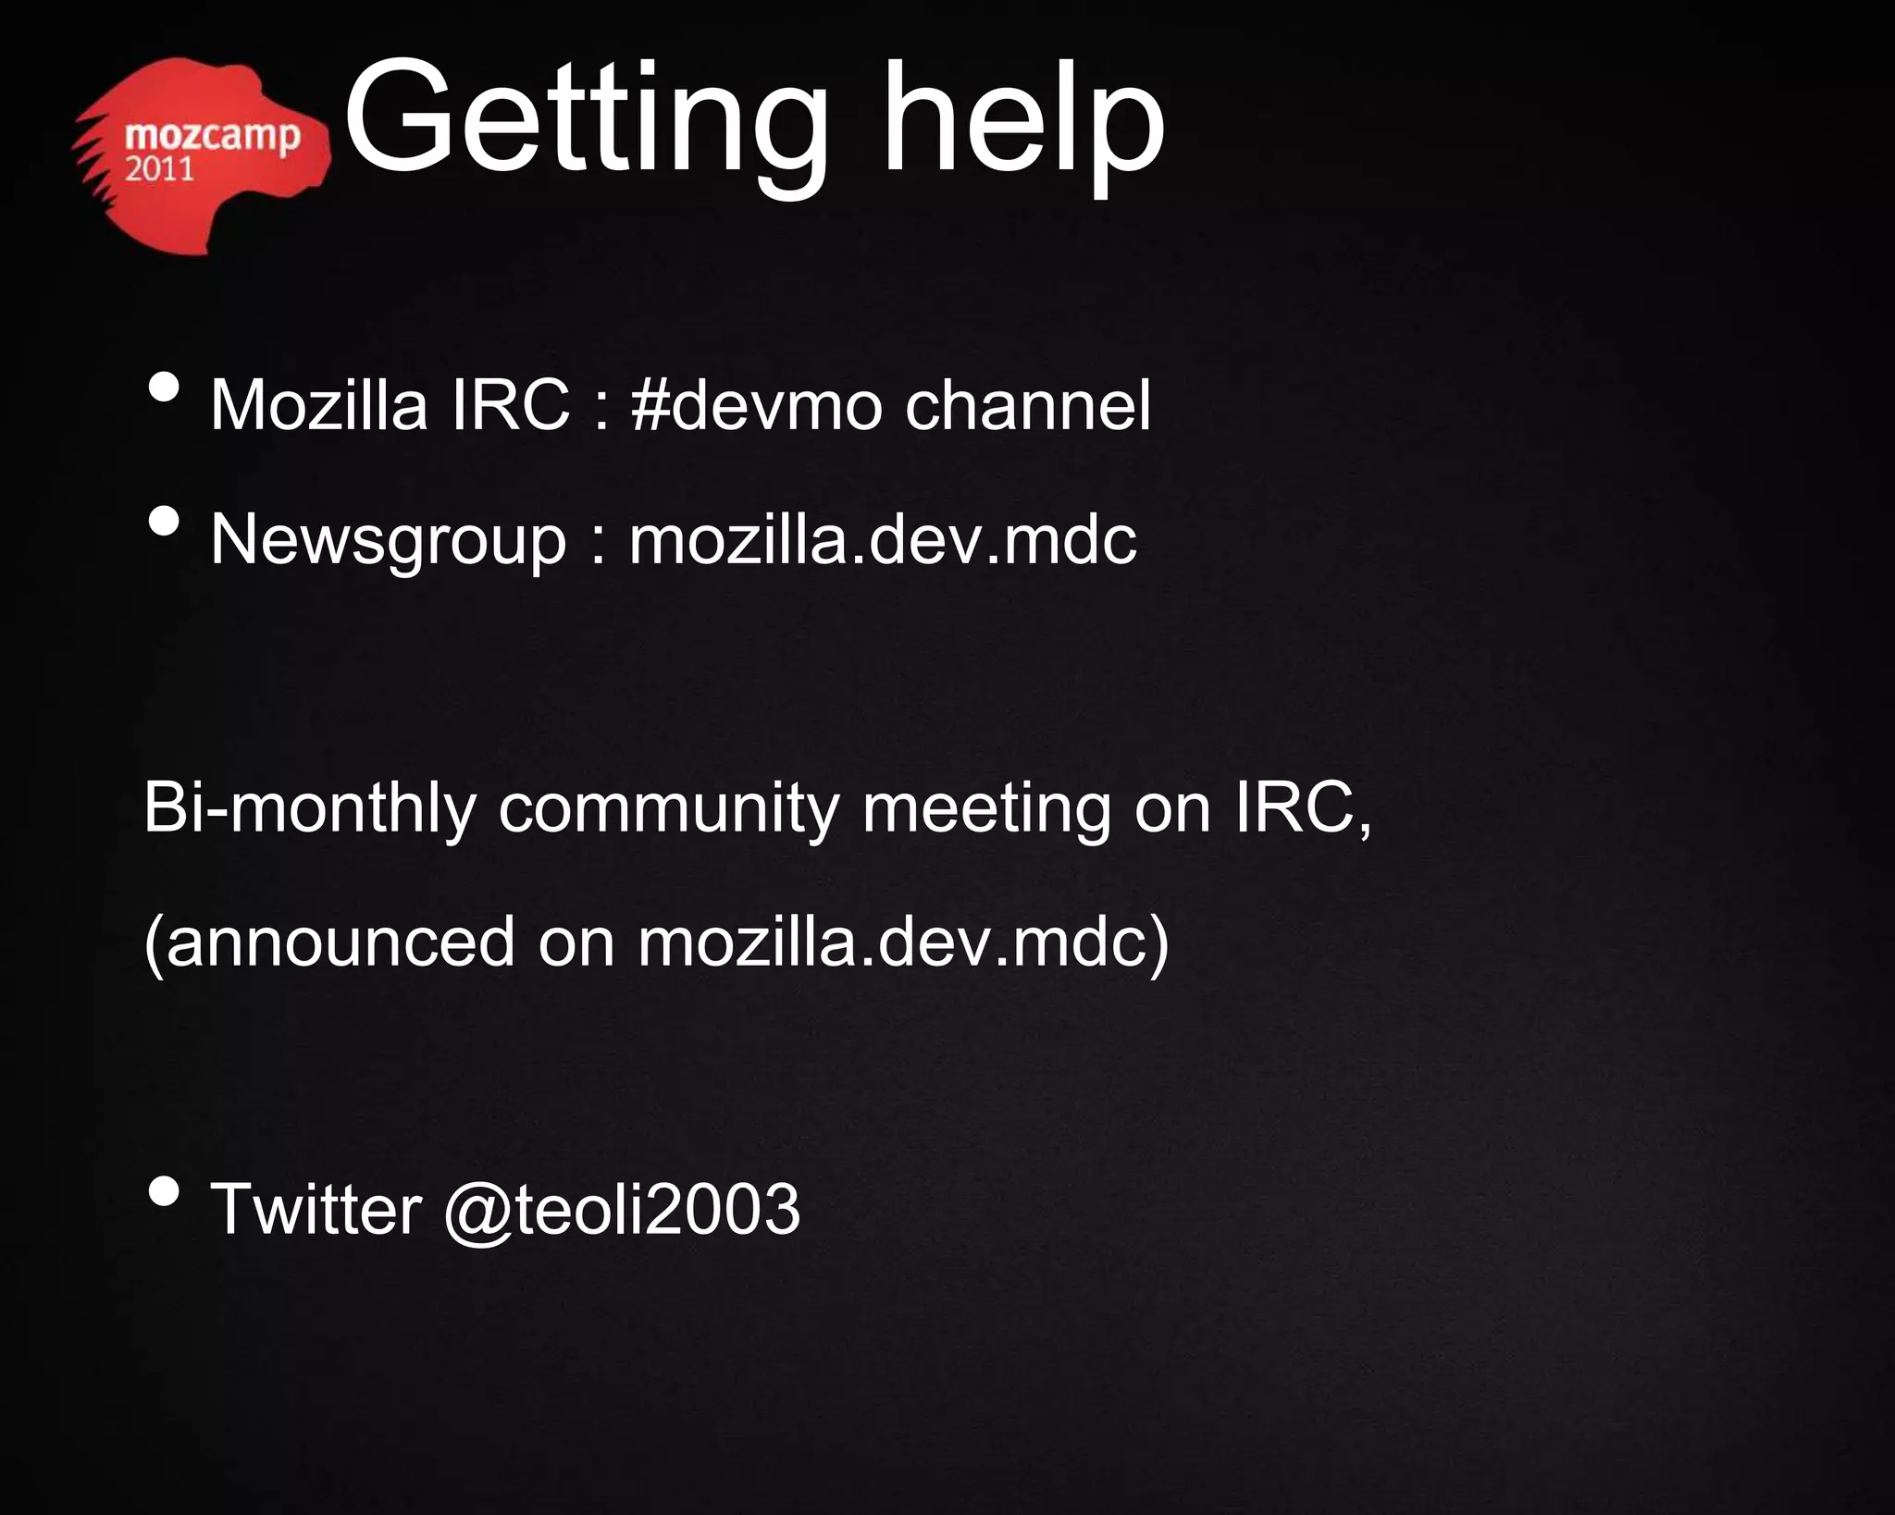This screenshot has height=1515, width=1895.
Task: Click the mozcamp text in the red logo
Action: [x=212, y=136]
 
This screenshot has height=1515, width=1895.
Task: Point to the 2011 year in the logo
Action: [x=159, y=169]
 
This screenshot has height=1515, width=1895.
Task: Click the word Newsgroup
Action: [x=388, y=540]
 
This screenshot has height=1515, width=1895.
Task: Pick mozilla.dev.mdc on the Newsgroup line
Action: [x=882, y=540]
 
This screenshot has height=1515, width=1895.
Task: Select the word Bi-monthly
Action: [x=309, y=809]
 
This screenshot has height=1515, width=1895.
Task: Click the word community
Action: [x=667, y=809]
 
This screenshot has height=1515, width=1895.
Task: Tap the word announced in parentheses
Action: [x=341, y=942]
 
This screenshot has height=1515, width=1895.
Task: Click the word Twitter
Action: [x=316, y=1209]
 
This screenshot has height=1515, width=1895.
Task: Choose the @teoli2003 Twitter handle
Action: [x=622, y=1209]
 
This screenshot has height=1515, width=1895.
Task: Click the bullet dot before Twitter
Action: [x=164, y=1192]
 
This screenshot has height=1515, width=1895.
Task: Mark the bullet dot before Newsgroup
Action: [x=164, y=522]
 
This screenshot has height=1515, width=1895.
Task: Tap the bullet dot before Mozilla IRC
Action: [x=164, y=388]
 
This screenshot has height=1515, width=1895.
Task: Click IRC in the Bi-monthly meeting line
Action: [x=1300, y=809]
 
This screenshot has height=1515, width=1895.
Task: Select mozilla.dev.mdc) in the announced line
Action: [x=903, y=942]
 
